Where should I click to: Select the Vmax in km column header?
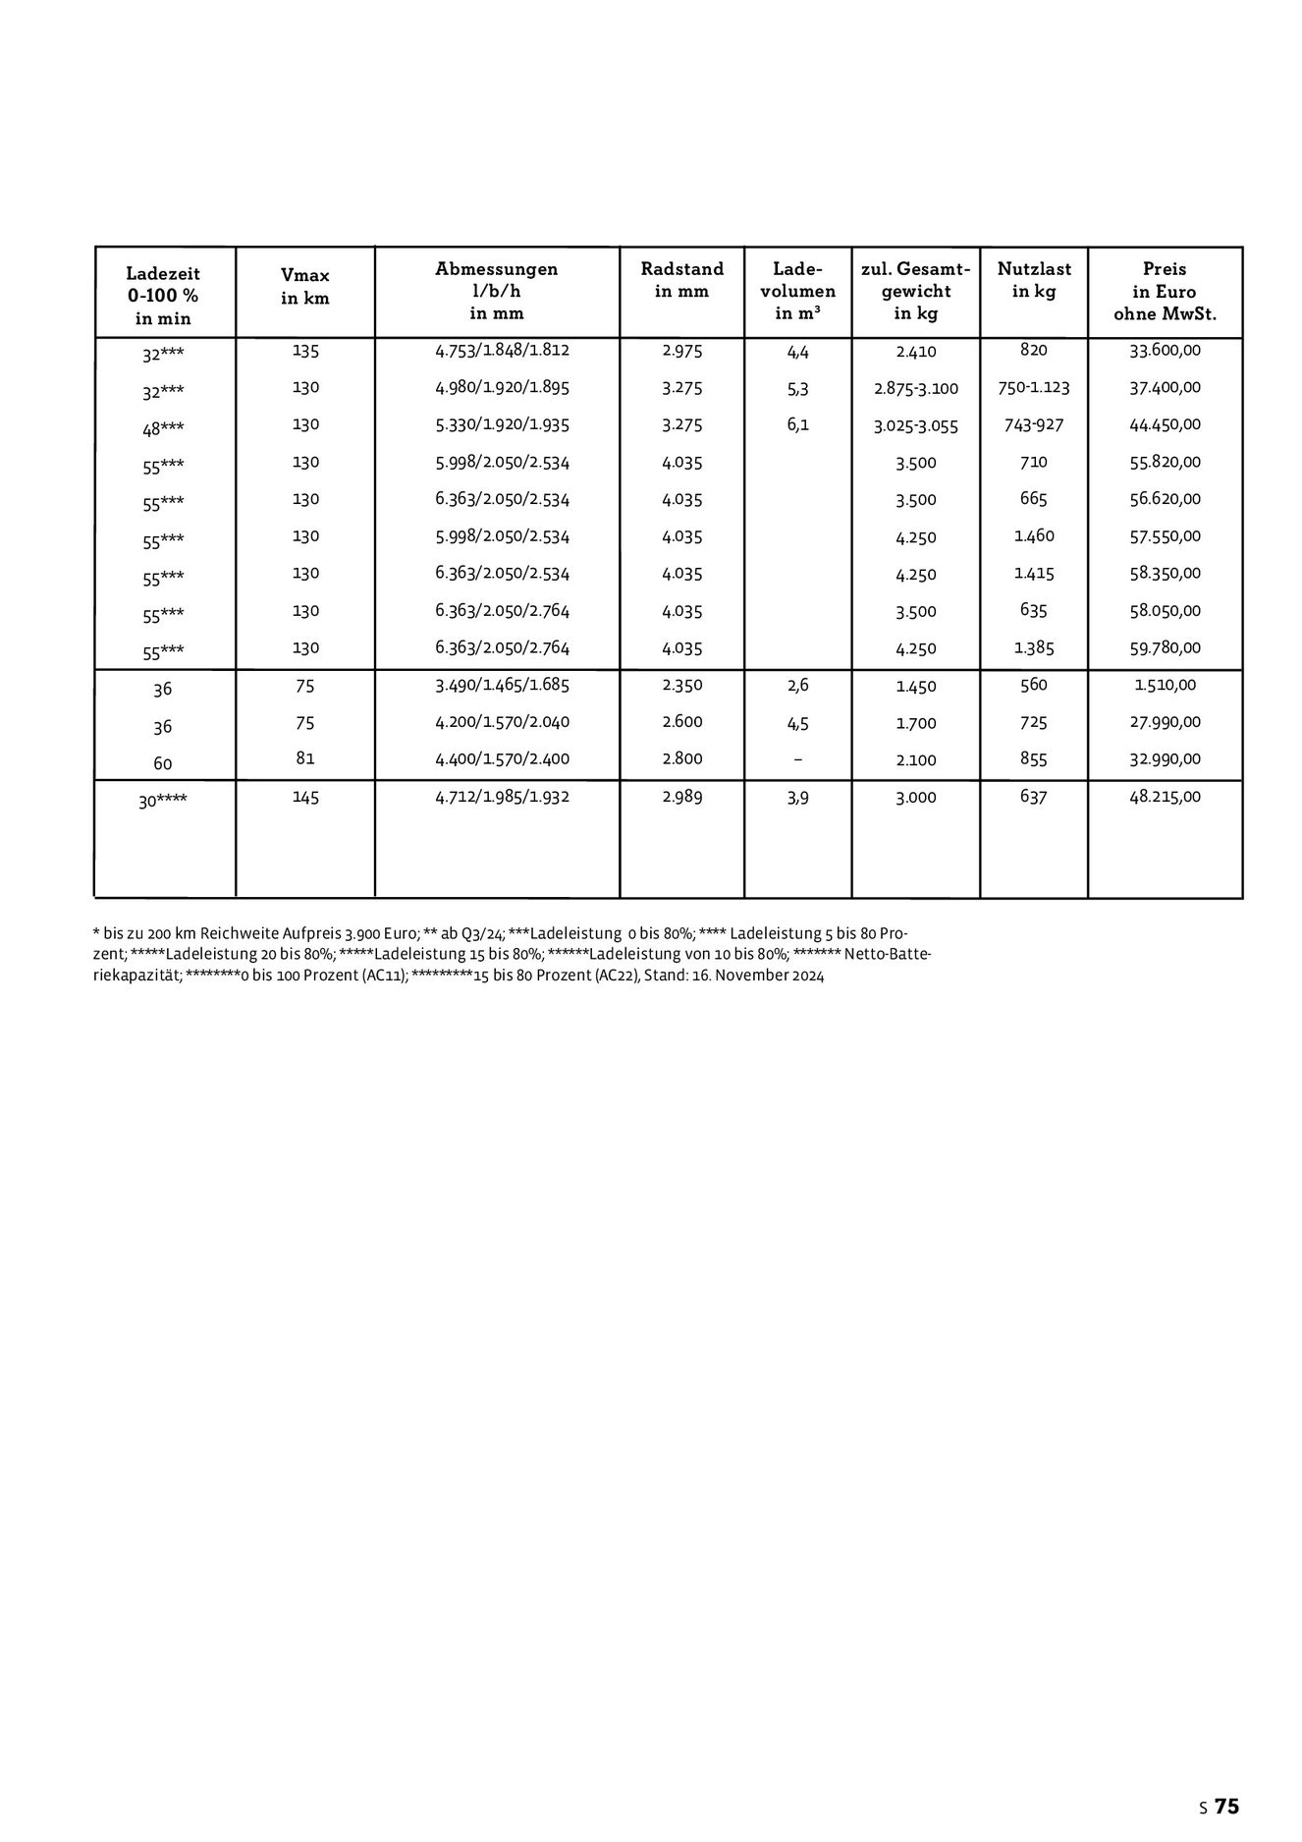(305, 287)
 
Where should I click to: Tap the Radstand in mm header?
(681, 280)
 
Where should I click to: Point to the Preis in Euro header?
(1165, 292)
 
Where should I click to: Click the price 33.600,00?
(1165, 351)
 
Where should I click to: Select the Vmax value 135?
(305, 351)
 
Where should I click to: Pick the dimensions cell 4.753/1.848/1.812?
(502, 351)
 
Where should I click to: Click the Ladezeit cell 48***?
(163, 429)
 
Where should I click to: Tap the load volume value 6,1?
(797, 425)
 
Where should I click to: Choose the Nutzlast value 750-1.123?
(1033, 388)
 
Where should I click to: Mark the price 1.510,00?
(1165, 686)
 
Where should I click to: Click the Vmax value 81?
(305, 759)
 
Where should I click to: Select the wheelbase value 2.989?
(681, 798)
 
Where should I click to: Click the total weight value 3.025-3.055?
(915, 426)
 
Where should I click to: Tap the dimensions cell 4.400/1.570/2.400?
(502, 759)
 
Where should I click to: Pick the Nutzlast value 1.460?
(1033, 536)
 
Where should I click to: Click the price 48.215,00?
(1165, 798)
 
